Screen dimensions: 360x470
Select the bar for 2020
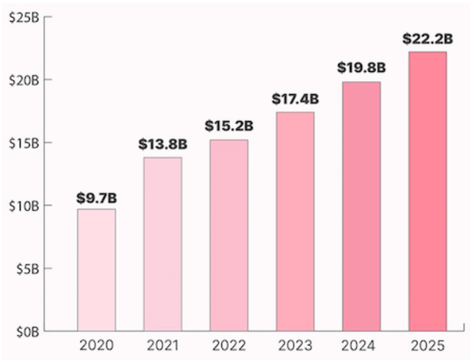point(96,270)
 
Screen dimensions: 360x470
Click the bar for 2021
point(162,244)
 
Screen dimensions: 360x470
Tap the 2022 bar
point(228,235)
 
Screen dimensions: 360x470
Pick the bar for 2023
point(295,221)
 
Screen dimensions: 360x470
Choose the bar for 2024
point(361,206)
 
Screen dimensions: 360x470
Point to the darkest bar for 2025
point(427,191)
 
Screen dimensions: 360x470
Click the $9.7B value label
point(96,198)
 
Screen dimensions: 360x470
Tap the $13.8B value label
point(162,145)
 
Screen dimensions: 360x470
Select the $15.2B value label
point(228,127)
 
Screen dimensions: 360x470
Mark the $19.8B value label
point(361,68)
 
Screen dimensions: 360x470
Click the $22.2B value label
point(427,38)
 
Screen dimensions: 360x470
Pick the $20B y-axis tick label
point(24,79)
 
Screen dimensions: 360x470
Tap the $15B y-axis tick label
point(24,143)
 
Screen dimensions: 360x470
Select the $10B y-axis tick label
point(24,206)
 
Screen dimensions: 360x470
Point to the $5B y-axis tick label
point(27,269)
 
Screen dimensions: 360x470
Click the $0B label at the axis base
point(27,331)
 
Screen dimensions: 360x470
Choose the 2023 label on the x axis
point(295,345)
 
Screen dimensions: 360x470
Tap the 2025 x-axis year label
point(427,345)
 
